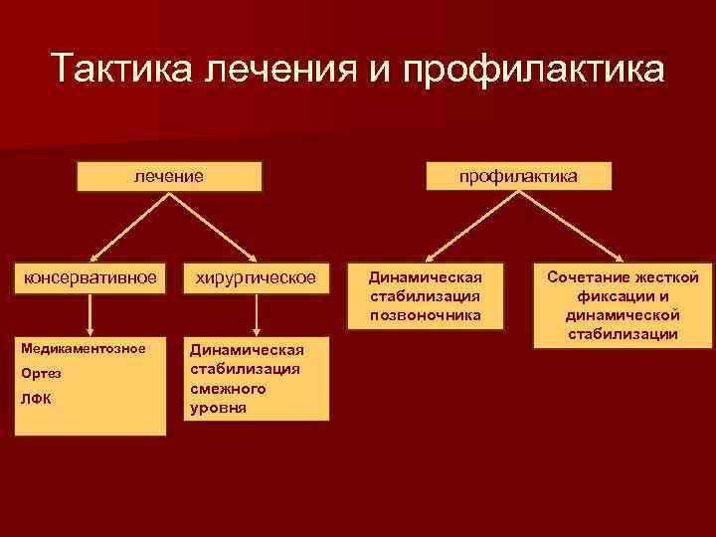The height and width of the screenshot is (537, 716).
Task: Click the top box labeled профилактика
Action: (519, 177)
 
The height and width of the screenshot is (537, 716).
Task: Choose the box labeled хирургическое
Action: (258, 276)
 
